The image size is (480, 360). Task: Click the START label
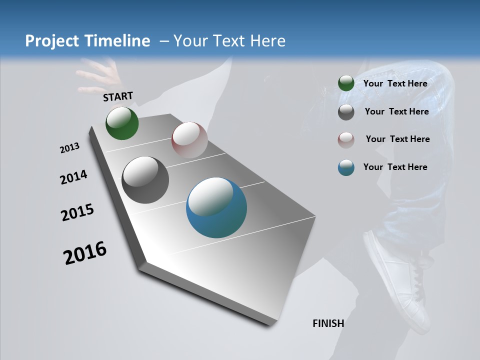click(118, 96)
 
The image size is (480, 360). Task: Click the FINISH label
click(328, 323)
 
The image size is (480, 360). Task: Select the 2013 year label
click(69, 148)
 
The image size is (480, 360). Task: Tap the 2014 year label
click(73, 177)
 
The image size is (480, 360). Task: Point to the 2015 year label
click(77, 212)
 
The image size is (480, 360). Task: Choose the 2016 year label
click(85, 253)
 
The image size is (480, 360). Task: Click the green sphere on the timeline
click(122, 123)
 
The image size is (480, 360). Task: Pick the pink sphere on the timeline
click(189, 140)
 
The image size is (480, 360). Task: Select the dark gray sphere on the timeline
click(145, 180)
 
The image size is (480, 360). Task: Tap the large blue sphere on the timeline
click(216, 207)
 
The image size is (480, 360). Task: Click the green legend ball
click(346, 83)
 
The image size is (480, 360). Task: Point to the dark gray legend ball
click(346, 112)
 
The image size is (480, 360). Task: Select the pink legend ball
click(346, 139)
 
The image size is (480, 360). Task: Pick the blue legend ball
click(346, 167)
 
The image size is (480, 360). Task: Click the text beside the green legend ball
click(395, 83)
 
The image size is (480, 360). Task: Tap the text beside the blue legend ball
click(395, 167)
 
